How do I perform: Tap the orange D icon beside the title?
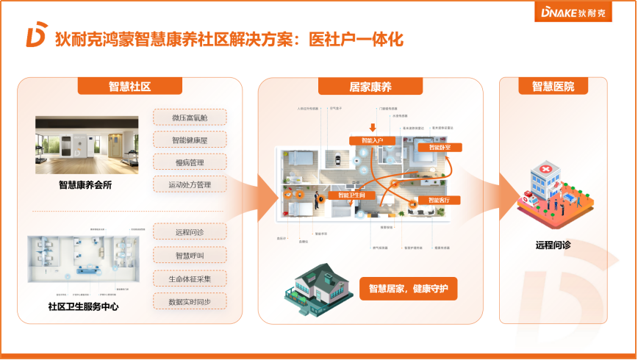pos(36,38)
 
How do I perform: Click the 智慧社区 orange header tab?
pos(129,87)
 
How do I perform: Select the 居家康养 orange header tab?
pos(370,87)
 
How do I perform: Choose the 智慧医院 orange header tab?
pos(553,87)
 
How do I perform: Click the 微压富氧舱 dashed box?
pos(190,117)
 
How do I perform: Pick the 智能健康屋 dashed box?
pos(190,140)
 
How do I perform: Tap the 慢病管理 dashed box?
pos(190,162)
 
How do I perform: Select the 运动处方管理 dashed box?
pos(190,184)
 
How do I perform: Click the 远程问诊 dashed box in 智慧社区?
pos(190,232)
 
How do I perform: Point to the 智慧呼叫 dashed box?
pos(190,255)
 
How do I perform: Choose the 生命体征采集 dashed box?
pos(190,278)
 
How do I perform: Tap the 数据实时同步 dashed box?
pos(190,301)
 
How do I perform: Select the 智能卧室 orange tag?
pos(440,147)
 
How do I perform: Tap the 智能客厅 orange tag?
pos(441,200)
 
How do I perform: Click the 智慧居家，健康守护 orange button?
pos(408,288)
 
